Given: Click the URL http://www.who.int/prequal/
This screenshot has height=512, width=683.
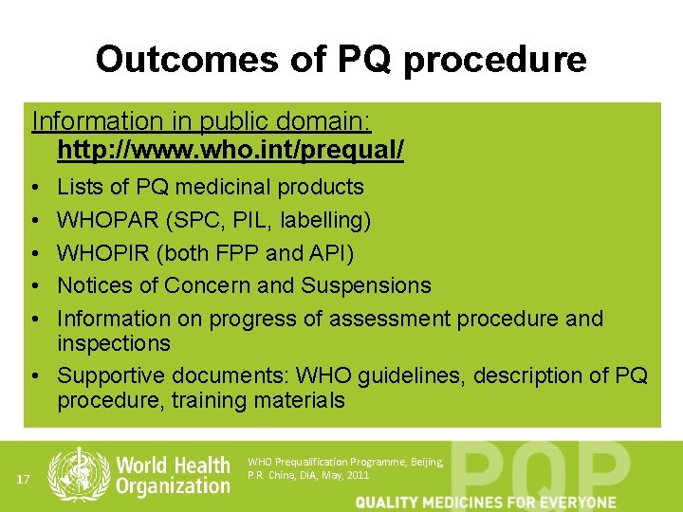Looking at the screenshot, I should [231, 150].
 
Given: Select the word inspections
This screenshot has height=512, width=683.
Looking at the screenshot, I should [114, 342].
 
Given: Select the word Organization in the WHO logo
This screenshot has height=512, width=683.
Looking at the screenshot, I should [174, 485].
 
